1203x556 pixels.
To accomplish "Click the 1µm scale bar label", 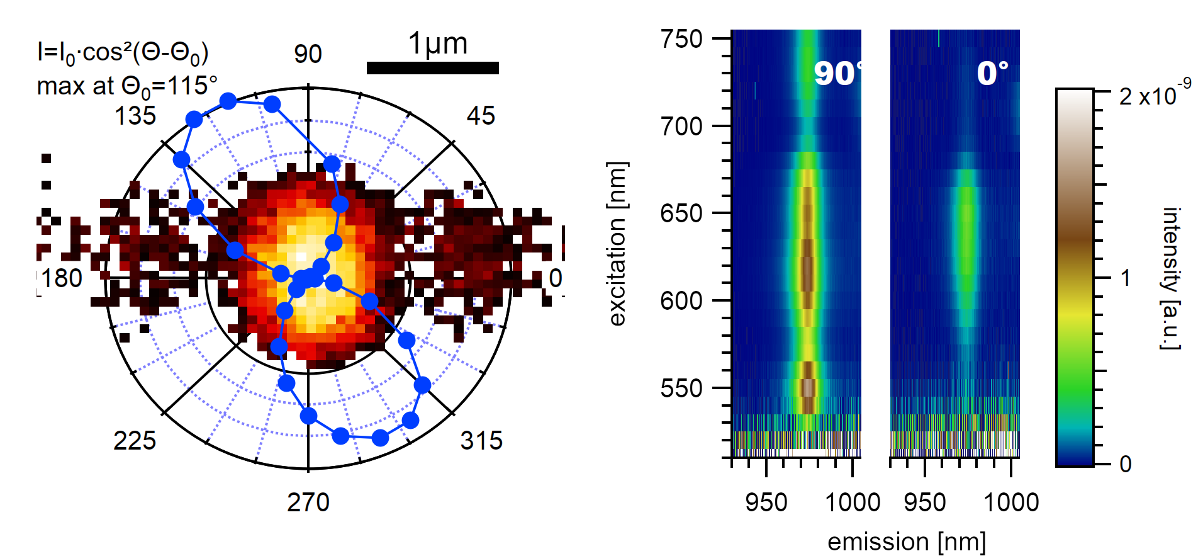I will click(438, 44).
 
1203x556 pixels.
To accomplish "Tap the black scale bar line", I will click(433, 68).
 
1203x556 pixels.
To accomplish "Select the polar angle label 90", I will click(308, 54).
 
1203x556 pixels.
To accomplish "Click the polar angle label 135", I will click(135, 116).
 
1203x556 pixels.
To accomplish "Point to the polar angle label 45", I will click(481, 116).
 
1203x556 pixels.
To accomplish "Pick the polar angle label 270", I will click(308, 502).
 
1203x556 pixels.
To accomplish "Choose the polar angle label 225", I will click(135, 441).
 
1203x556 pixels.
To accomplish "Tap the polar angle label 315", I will click(481, 441).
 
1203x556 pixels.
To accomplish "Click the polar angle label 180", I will click(62, 278).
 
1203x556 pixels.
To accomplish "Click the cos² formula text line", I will click(123, 53).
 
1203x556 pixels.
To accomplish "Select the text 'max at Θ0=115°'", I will click(127, 87).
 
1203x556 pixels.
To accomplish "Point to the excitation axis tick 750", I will click(681, 39).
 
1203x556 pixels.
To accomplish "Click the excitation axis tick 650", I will click(681, 213).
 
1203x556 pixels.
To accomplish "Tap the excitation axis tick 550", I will click(681, 389).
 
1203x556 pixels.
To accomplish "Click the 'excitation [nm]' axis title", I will click(618, 244).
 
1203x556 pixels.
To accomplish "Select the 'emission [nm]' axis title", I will click(906, 542).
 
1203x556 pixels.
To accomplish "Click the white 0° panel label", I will click(992, 74).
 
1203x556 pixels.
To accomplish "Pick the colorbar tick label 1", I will click(1126, 278).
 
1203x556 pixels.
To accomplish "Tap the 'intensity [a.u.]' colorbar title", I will click(1170, 278).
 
